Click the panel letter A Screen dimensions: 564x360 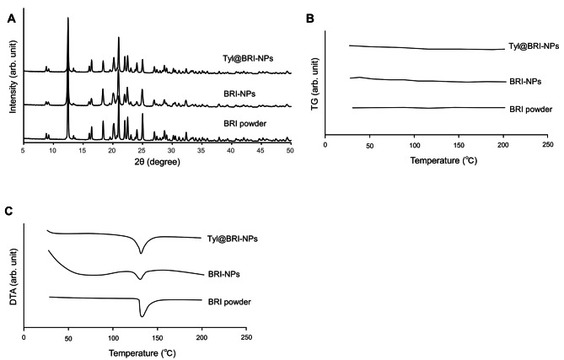click(12, 19)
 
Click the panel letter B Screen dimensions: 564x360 click(309, 19)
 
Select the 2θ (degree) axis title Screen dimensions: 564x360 click(157, 162)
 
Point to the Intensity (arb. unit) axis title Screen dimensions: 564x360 click(13, 77)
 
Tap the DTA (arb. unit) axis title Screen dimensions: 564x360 click(13, 277)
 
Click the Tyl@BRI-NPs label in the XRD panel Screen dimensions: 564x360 click(248, 58)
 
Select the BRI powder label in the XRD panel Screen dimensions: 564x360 click(245, 124)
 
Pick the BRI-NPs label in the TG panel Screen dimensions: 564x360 click(525, 82)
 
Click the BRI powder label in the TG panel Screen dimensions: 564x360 click(530, 110)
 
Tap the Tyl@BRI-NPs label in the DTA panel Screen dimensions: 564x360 click(233, 239)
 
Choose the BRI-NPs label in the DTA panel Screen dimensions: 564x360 click(223, 274)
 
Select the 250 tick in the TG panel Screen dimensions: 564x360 click(547, 144)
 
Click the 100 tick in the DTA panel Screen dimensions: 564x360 click(113, 337)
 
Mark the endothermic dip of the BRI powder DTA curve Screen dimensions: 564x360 click(142, 316)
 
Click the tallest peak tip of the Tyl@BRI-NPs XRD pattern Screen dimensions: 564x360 click(68, 18)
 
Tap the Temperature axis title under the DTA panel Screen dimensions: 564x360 click(142, 353)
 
